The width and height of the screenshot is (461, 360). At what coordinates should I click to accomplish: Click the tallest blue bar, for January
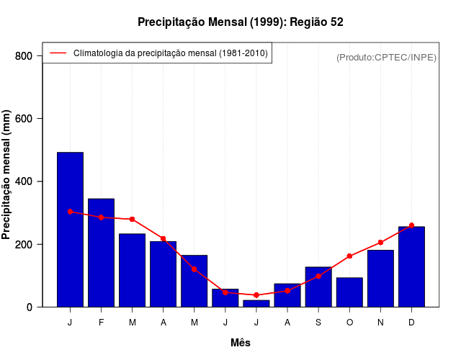tap(70, 230)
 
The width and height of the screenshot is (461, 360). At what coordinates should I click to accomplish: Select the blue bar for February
tap(101, 253)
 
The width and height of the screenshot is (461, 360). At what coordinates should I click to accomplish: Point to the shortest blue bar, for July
tap(256, 304)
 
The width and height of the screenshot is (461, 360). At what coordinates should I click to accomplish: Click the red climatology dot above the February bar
tap(101, 217)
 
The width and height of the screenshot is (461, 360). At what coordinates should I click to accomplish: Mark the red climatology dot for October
tap(349, 256)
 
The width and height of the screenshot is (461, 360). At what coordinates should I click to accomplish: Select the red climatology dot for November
tap(380, 243)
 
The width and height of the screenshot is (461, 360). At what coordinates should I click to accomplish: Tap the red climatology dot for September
tap(318, 276)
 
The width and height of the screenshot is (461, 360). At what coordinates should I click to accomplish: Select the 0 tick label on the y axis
tap(29, 307)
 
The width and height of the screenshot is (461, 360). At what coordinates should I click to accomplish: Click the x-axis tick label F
tap(101, 323)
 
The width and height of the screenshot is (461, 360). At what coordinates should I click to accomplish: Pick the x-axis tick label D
tap(411, 323)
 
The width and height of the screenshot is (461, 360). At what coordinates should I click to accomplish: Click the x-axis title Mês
tap(241, 343)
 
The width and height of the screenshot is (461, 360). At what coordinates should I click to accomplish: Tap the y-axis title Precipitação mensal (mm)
tap(6, 175)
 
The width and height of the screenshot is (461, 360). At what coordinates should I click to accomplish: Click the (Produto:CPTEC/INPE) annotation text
tap(386, 58)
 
